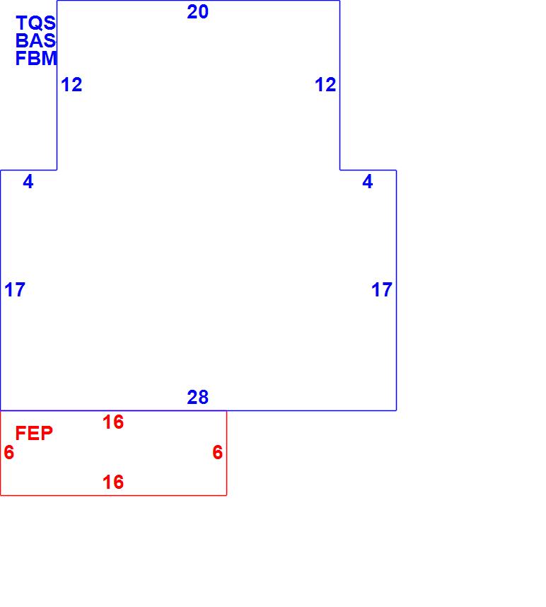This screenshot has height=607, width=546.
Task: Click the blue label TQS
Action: [x=35, y=23]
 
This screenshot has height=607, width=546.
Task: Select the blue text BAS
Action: [x=35, y=41]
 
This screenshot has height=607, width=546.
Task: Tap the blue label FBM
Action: [x=36, y=59]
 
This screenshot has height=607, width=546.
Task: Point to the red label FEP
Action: [x=34, y=434]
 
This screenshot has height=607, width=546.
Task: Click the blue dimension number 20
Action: [x=198, y=12]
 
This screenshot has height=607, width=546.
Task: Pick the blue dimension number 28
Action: [x=198, y=398]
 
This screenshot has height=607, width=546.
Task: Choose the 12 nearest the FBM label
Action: [x=71, y=85]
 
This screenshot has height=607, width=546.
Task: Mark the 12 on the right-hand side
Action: [x=325, y=85]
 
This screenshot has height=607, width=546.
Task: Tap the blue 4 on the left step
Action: [x=28, y=182]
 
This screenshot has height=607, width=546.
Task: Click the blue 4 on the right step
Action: [x=368, y=182]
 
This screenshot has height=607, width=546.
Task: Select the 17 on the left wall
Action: [x=15, y=290]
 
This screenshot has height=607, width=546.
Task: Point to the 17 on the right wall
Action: [x=382, y=290]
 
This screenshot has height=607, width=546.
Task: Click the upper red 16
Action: [x=113, y=422]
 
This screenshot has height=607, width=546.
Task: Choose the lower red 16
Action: [x=113, y=482]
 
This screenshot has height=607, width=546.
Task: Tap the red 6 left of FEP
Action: [x=8, y=453]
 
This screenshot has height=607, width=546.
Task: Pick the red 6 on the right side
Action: [x=218, y=453]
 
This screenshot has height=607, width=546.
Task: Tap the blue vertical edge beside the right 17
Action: [x=396, y=318]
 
